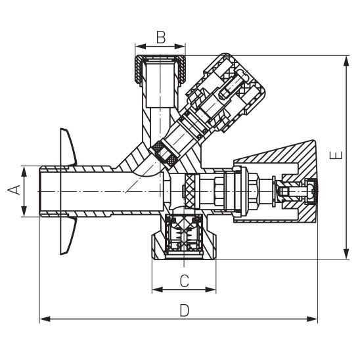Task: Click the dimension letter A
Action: (x=12, y=191)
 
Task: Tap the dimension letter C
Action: (x=185, y=281)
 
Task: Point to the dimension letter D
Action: (x=185, y=309)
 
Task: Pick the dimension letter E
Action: (x=335, y=156)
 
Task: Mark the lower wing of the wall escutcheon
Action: (x=68, y=236)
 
